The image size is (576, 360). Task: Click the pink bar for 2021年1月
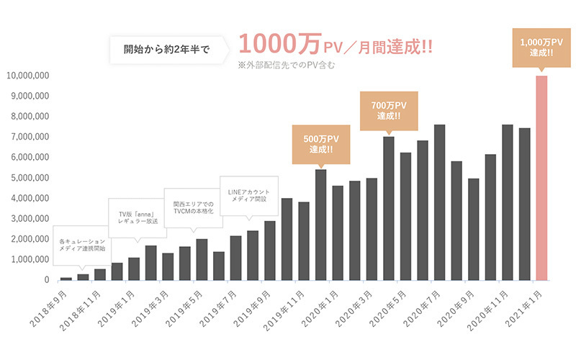(541, 178)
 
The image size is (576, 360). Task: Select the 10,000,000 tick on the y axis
(27, 75)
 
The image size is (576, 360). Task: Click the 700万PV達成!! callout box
(389, 110)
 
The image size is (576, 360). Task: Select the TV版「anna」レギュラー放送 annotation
(138, 218)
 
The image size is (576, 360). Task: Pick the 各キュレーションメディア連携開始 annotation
(82, 244)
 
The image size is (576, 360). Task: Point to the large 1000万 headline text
(271, 44)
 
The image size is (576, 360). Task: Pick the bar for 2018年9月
(66, 278)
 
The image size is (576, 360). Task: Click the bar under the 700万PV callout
(389, 208)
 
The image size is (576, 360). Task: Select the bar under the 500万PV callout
(321, 225)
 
